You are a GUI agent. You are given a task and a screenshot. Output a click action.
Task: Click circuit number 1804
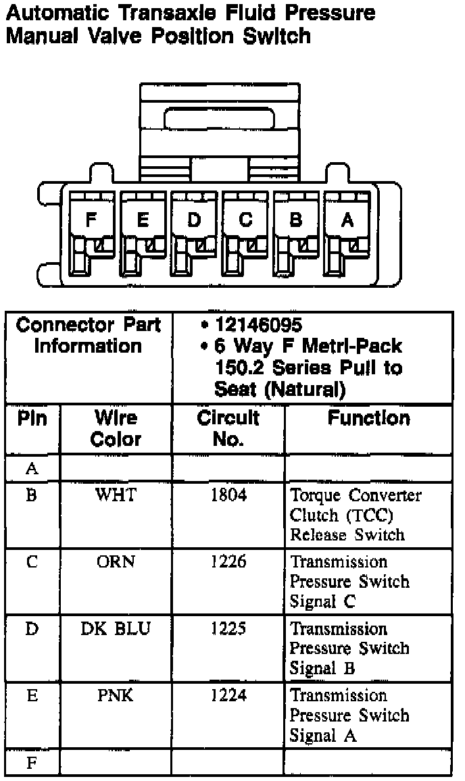pos(228,495)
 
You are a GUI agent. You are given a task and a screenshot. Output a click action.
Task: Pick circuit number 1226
pos(228,562)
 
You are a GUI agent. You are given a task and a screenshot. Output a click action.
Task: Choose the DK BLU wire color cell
pos(116,629)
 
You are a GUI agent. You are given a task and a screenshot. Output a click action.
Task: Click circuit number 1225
pos(228,629)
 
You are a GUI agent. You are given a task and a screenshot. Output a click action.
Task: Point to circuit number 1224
pos(228,696)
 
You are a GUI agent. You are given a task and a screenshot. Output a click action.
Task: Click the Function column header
pos(368,419)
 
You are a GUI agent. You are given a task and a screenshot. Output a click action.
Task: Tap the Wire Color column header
pos(116,429)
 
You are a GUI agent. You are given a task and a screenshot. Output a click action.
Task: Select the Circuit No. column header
pos(228,429)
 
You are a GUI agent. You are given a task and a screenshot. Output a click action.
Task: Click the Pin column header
pos(32,419)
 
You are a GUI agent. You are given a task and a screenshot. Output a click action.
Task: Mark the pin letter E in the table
pos(32,696)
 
